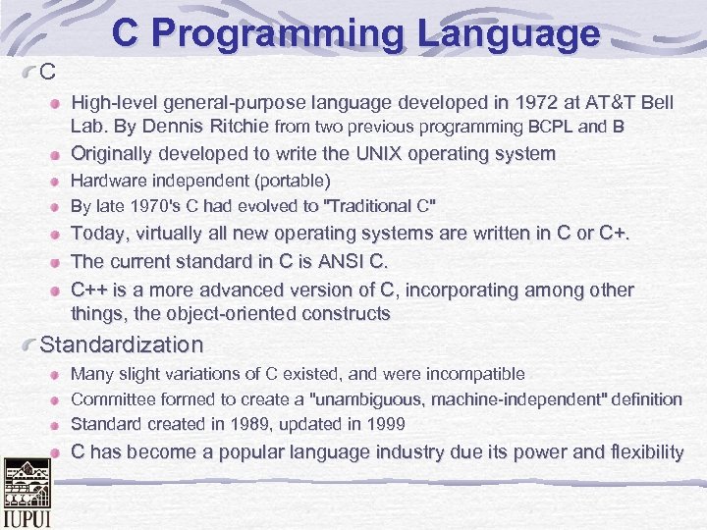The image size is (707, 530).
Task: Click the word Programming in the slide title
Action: click(x=286, y=34)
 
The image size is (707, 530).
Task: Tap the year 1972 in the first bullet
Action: click(x=473, y=102)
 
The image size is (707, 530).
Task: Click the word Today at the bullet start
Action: click(x=98, y=234)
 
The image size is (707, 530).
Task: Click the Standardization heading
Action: click(x=121, y=345)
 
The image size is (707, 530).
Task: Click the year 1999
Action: click(x=384, y=424)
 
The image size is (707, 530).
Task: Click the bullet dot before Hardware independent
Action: click(x=58, y=183)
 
